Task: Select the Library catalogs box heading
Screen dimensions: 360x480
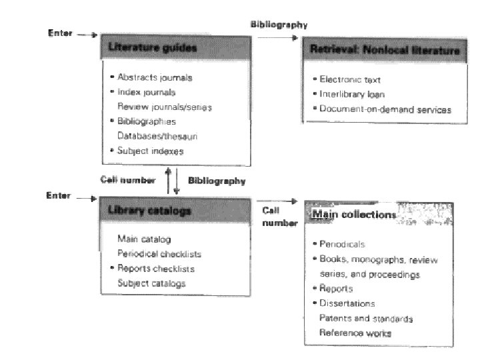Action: [x=149, y=211]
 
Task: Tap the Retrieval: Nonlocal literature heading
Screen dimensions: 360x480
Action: [x=385, y=51]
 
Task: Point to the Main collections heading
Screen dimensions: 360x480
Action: [x=353, y=215]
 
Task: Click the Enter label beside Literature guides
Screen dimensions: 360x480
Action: [x=60, y=33]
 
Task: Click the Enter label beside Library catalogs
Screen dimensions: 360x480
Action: [x=58, y=196]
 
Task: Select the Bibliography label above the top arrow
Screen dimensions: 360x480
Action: [x=279, y=25]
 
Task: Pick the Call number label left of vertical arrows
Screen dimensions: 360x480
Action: [x=128, y=180]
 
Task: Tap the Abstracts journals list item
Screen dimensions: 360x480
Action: [x=155, y=77]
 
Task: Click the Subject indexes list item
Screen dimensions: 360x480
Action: [x=150, y=151]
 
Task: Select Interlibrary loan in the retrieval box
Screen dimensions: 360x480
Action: [x=352, y=94]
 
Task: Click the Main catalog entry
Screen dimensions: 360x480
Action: [x=143, y=239]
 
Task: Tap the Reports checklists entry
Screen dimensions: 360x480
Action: [x=155, y=268]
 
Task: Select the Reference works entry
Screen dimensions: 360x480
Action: [x=355, y=333]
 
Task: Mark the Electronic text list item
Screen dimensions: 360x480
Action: [x=349, y=80]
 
